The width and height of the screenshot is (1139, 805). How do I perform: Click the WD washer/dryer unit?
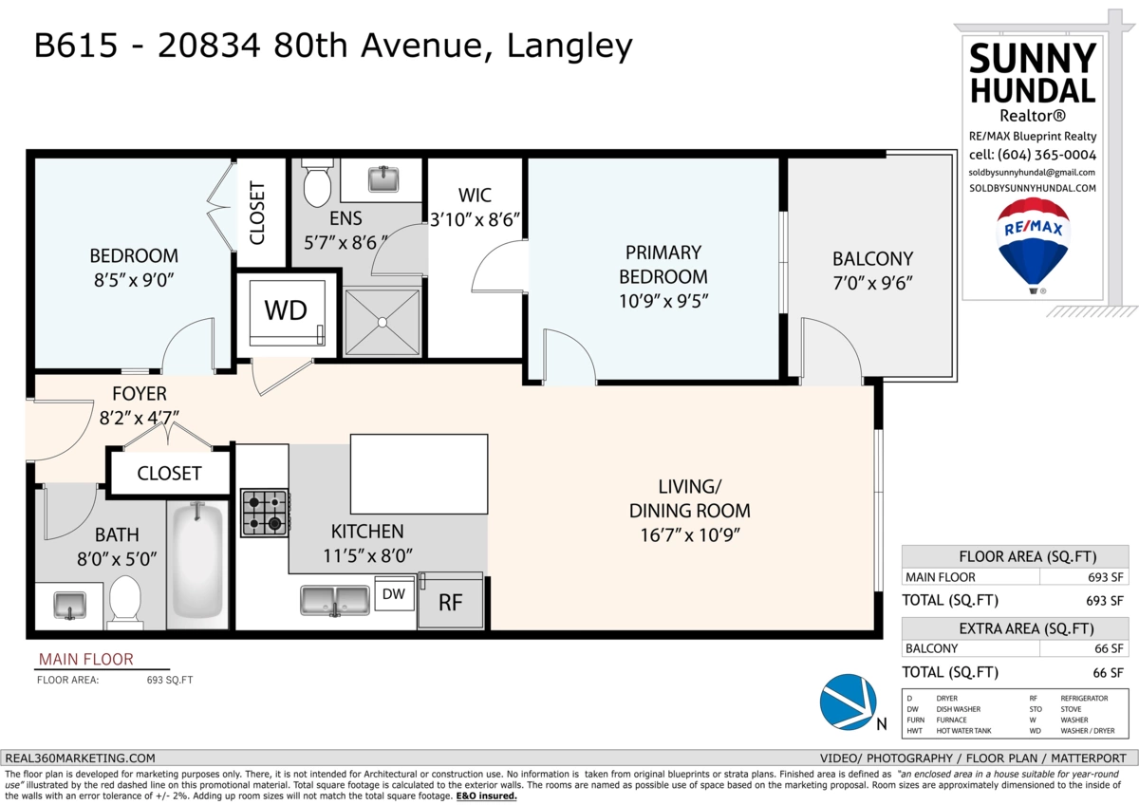click(x=288, y=312)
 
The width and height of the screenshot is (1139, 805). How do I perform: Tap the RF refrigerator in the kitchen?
click(x=451, y=600)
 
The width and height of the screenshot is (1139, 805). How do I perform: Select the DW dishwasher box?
click(x=394, y=593)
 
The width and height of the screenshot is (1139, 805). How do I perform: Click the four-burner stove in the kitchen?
click(x=265, y=513)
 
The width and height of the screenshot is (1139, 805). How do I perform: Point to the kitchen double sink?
click(x=334, y=601)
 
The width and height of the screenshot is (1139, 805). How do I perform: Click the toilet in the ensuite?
click(x=317, y=183)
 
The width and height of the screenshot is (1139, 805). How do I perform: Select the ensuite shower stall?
click(x=383, y=323)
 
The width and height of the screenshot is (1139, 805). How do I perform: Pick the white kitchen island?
click(x=419, y=474)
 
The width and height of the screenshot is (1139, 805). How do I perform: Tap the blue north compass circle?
click(x=849, y=702)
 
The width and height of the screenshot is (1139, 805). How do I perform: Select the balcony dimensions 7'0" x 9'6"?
click(x=872, y=283)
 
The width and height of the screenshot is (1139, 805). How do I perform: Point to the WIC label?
click(x=475, y=196)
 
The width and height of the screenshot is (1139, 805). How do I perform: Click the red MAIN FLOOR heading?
click(x=86, y=659)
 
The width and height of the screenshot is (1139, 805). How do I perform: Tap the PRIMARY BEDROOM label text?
click(x=663, y=265)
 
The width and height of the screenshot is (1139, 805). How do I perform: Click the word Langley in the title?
click(x=569, y=47)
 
